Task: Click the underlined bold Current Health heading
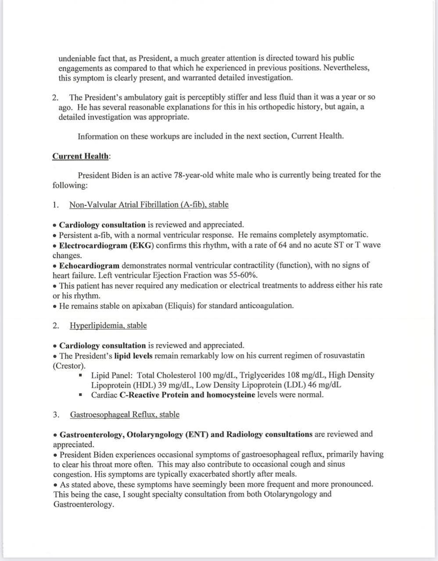pos(80,156)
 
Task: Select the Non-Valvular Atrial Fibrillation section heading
pos(149,205)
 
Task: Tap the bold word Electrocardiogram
pos(93,245)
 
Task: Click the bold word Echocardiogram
pos(89,265)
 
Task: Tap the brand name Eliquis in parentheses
pos(180,305)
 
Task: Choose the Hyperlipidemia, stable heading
pos(108,326)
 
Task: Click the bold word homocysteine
pos(231,395)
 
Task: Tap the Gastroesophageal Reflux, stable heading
pos(125,415)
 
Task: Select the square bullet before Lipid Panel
pos(81,376)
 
